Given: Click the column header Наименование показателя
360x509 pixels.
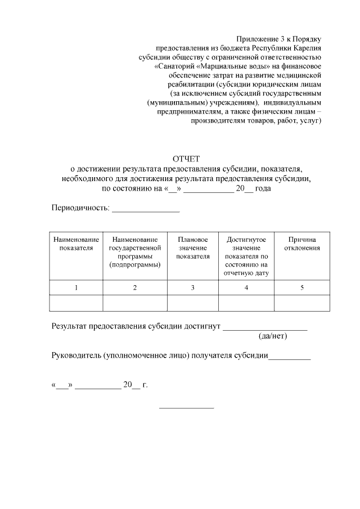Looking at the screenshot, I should click(76, 244).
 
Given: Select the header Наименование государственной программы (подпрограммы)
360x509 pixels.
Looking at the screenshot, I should click(135, 251).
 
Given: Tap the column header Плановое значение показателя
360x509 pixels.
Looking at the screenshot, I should click(192, 247).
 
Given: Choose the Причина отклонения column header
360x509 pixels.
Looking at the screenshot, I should click(302, 244).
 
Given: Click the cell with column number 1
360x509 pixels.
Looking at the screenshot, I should click(76, 287).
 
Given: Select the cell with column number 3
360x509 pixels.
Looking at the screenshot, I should click(192, 287).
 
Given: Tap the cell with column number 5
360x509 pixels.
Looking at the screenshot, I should click(302, 287).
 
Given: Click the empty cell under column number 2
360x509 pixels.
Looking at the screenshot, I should click(135, 303).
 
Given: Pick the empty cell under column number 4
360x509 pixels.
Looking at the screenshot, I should click(246, 303).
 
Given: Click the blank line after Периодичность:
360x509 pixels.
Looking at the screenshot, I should click(146, 210).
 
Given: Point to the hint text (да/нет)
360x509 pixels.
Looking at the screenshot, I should click(272, 336).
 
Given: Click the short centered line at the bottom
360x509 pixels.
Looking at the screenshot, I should click(186, 407).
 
